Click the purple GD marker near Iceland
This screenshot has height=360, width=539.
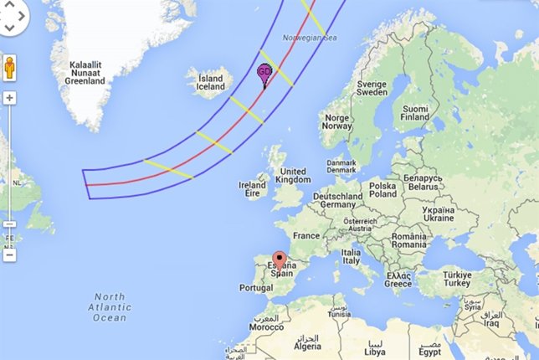264,73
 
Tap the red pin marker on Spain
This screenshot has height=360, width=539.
280,260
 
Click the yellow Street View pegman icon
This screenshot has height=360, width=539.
11,67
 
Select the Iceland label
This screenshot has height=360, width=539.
210,83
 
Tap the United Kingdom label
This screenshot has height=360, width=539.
292,175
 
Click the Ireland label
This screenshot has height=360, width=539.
252,190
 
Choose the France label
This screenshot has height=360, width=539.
306,236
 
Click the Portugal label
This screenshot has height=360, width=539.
256,287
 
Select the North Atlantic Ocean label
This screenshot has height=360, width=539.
110,307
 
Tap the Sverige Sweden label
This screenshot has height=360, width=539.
371,90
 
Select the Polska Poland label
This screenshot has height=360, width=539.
383,189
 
